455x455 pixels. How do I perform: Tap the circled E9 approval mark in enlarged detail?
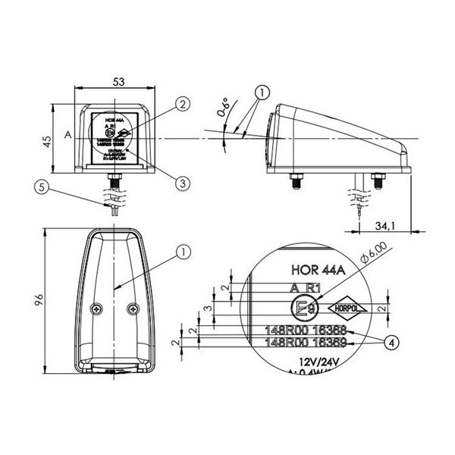(305, 309)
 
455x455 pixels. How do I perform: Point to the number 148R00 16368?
(305, 331)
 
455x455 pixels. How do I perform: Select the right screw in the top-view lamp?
(133, 309)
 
